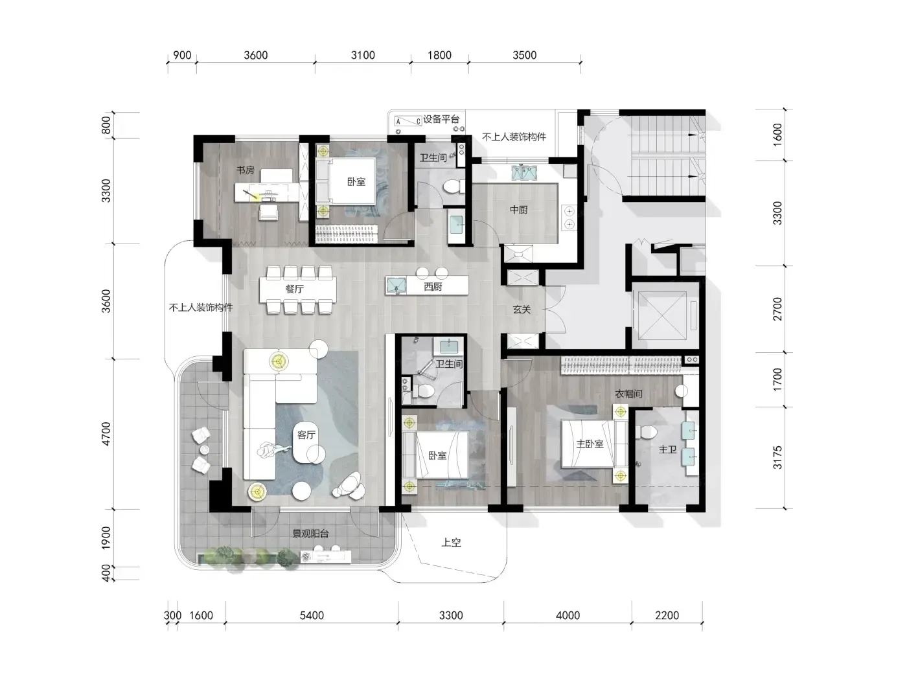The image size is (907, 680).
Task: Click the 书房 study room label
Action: click(245, 170)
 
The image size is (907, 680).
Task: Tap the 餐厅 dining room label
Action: click(294, 289)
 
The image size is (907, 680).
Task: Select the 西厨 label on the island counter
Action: click(433, 286)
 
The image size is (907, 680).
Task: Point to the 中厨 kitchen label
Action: click(518, 210)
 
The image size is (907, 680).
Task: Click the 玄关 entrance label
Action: click(522, 310)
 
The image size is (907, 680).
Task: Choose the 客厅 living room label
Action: click(306, 435)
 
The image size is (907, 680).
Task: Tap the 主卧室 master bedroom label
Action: click(590, 444)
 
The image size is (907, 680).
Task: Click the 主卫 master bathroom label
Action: click(667, 449)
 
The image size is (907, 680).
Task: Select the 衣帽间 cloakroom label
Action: click(628, 394)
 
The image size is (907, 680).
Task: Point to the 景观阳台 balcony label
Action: click(310, 534)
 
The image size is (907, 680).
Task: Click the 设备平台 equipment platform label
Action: click(441, 119)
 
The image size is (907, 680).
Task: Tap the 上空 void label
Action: click(451, 543)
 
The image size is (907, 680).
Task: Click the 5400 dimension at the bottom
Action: click(312, 616)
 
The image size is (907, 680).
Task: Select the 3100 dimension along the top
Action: click(363, 55)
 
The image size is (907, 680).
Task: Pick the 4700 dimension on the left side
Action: click(106, 434)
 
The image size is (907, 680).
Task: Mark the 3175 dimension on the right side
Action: click(777, 457)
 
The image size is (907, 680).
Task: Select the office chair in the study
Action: click(268, 212)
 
